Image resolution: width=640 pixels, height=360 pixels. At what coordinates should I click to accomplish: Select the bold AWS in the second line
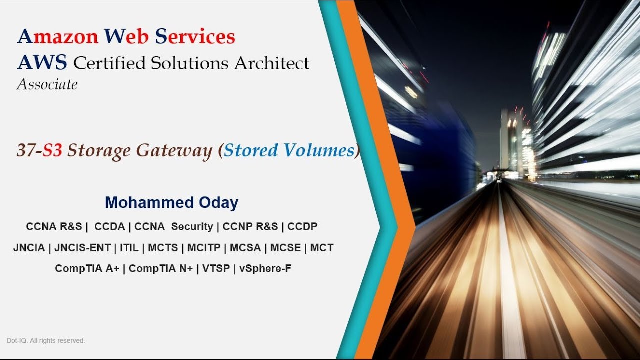pyautogui.click(x=42, y=63)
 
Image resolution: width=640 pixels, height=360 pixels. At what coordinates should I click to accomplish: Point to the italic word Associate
pyautogui.click(x=47, y=85)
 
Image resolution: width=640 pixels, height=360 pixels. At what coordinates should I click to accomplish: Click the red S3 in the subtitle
pyautogui.click(x=52, y=150)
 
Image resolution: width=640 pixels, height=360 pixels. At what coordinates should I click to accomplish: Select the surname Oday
pyautogui.click(x=217, y=202)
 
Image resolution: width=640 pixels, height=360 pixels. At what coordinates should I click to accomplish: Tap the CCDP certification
pyautogui.click(x=302, y=226)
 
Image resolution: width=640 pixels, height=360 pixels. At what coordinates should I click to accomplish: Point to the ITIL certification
pyautogui.click(x=129, y=248)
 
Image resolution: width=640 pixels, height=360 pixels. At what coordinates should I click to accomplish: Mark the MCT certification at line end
pyautogui.click(x=322, y=248)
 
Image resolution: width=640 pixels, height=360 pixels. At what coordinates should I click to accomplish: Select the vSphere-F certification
pyautogui.click(x=265, y=269)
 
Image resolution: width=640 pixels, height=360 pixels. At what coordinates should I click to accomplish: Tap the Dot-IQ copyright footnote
pyautogui.click(x=46, y=341)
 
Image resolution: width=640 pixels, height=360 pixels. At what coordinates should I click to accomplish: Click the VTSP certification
pyautogui.click(x=216, y=269)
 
